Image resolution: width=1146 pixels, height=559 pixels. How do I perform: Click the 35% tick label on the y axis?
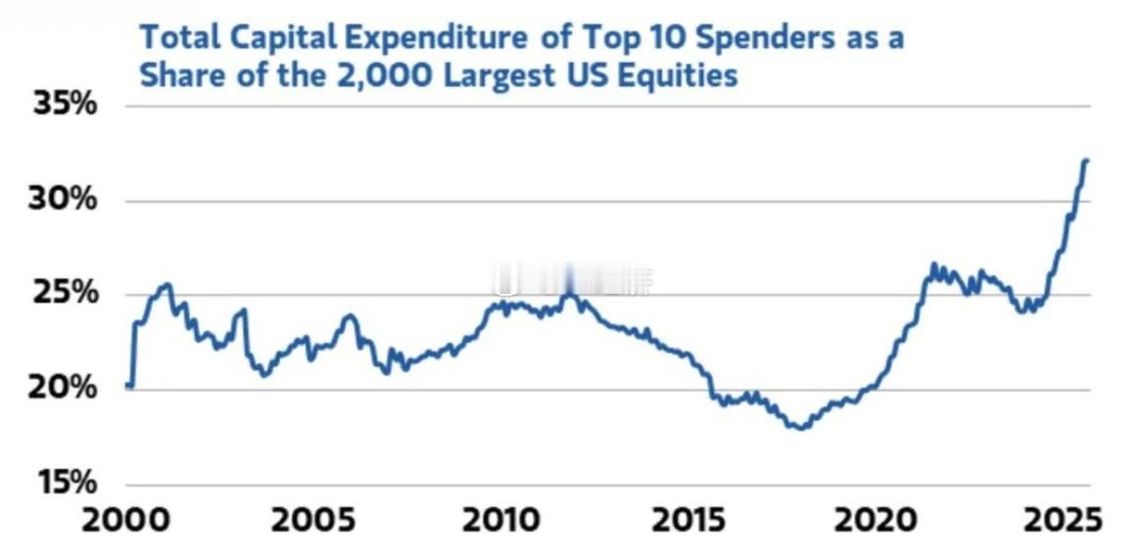(65, 105)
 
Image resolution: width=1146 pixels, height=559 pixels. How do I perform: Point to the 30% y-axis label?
(65, 200)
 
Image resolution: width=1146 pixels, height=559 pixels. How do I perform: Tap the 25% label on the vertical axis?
(65, 294)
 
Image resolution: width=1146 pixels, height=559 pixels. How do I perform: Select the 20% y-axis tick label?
(65, 389)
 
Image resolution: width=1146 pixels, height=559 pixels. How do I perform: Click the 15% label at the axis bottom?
(65, 483)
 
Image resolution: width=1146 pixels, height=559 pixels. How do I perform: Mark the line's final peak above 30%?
(1086, 161)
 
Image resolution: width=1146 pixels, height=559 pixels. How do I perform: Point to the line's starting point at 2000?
(128, 385)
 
